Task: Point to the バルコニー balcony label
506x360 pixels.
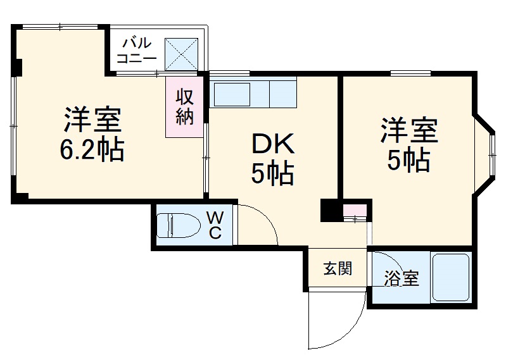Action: click(x=137, y=50)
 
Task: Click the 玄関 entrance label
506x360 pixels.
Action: click(x=337, y=269)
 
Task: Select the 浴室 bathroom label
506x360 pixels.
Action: click(x=402, y=278)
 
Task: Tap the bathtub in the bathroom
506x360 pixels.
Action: click(x=451, y=276)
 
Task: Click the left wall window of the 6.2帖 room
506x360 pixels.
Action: click(x=13, y=127)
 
